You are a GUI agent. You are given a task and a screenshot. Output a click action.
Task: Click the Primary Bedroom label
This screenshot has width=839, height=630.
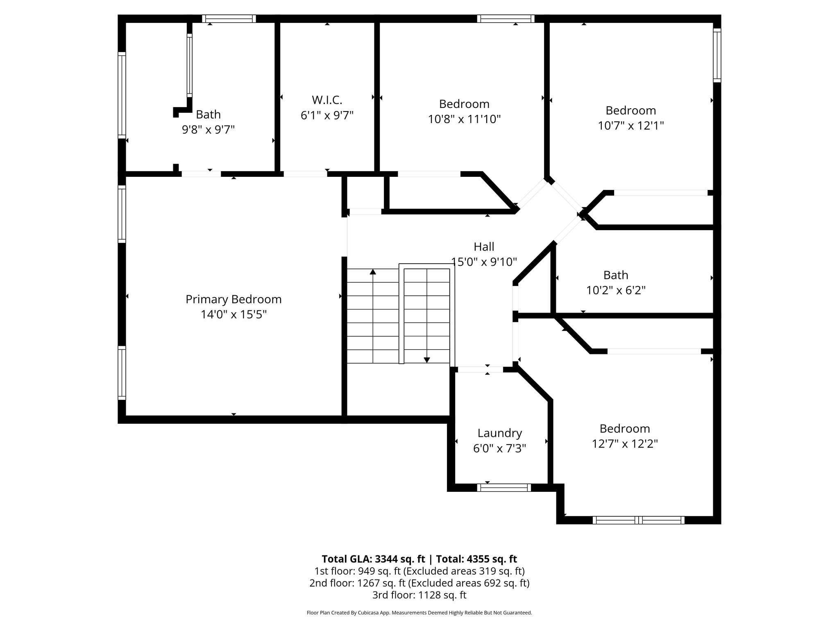(234, 299)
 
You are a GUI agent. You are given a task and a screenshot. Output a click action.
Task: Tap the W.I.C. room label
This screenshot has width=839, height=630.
(327, 100)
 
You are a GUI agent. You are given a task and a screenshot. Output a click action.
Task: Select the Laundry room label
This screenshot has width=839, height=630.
(499, 433)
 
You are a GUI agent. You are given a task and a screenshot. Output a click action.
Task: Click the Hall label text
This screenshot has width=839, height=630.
(484, 247)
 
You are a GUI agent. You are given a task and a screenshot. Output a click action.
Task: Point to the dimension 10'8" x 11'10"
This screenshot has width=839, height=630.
(464, 119)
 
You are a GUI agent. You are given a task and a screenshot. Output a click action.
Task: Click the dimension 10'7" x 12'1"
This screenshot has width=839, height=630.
(630, 126)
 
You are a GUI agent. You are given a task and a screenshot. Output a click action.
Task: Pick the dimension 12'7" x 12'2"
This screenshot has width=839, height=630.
(625, 444)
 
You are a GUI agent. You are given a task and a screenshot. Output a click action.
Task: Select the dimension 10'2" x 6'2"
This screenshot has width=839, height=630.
(616, 290)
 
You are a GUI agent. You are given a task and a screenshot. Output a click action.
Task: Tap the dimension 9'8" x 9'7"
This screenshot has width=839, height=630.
(208, 130)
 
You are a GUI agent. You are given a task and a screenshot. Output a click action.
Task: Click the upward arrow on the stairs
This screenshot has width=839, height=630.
(373, 272)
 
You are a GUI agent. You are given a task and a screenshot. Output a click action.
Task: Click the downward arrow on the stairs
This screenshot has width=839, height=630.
(427, 360)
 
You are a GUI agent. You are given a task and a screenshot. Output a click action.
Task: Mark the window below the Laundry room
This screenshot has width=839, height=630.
(504, 488)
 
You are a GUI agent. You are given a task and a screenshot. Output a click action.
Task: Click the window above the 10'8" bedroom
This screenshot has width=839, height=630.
(506, 18)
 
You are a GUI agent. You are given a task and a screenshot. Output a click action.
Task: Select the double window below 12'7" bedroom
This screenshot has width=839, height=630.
(638, 520)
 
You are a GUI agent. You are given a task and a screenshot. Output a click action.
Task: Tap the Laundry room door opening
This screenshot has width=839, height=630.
(480, 370)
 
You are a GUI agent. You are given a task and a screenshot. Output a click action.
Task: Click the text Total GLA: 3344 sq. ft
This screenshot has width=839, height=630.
(373, 559)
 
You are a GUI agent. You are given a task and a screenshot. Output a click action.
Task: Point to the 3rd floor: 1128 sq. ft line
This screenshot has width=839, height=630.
(419, 595)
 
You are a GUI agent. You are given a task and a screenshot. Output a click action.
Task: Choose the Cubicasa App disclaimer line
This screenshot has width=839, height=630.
(419, 613)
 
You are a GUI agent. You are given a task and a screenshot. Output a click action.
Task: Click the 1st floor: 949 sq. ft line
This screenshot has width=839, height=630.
(419, 571)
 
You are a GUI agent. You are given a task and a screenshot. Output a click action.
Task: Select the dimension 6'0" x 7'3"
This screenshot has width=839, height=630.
(499, 448)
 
